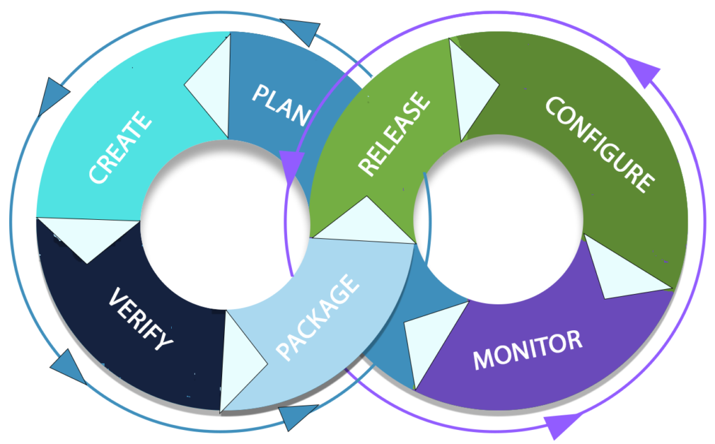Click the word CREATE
click(120, 147)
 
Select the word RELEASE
click(393, 134)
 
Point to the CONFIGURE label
click(599, 143)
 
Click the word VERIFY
click(140, 319)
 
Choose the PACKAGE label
click(318, 318)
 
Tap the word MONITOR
click(526, 349)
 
